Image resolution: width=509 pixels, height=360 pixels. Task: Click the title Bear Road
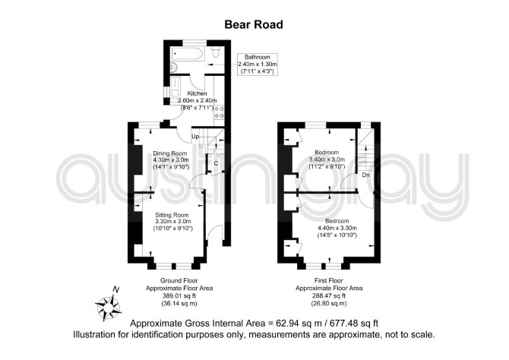pyautogui.click(x=254, y=24)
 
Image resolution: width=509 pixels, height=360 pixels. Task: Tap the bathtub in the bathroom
pyautogui.click(x=188, y=54)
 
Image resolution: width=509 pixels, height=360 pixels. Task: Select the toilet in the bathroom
pyautogui.click(x=216, y=52)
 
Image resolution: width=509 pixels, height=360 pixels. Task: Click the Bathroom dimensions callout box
pyautogui.click(x=258, y=65)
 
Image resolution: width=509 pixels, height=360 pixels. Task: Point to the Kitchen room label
pyautogui.click(x=197, y=93)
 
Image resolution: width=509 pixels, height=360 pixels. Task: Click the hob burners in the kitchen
pyautogui.click(x=219, y=112)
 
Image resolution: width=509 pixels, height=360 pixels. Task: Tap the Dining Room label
pyautogui.click(x=170, y=153)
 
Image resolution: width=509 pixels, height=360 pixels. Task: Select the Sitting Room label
pyautogui.click(x=172, y=215)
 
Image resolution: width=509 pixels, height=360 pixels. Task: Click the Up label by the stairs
pyautogui.click(x=195, y=137)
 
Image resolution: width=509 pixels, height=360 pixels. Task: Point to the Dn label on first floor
pyautogui.click(x=366, y=175)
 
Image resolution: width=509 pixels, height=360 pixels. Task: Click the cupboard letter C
pyautogui.click(x=216, y=163)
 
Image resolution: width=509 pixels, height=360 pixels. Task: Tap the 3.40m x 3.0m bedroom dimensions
pyautogui.click(x=327, y=159)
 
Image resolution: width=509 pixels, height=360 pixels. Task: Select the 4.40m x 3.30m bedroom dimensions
pyautogui.click(x=337, y=228)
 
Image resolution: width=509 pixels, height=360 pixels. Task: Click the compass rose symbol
pyautogui.click(x=109, y=306)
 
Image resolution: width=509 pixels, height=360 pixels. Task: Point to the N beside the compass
pyautogui.click(x=116, y=289)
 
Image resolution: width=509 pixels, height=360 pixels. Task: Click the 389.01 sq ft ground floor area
pyautogui.click(x=179, y=296)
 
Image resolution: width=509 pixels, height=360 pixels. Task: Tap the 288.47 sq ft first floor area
pyautogui.click(x=329, y=296)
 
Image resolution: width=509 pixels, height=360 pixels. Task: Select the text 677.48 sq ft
pyautogui.click(x=354, y=324)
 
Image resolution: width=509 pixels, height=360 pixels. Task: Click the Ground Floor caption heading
pyautogui.click(x=179, y=280)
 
